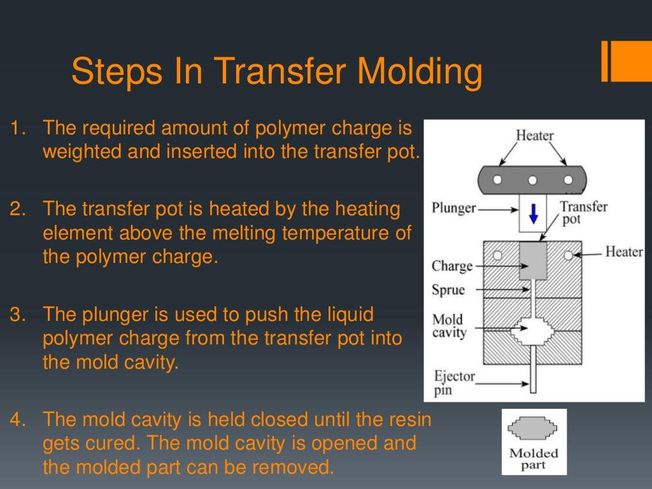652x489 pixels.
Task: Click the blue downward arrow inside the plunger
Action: pos(534,215)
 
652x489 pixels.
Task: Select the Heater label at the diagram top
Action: pos(534,136)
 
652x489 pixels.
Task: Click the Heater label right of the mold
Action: pos(623,252)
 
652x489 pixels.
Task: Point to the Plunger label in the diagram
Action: pos(453,208)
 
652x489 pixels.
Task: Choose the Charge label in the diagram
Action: pos(451,266)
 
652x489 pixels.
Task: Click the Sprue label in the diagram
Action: pos(448,290)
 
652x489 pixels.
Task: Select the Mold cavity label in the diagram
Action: pos(449,325)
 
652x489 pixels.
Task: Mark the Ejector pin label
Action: pos(454,383)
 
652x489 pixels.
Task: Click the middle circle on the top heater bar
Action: pos(534,180)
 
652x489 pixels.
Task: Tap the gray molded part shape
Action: pos(533,429)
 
